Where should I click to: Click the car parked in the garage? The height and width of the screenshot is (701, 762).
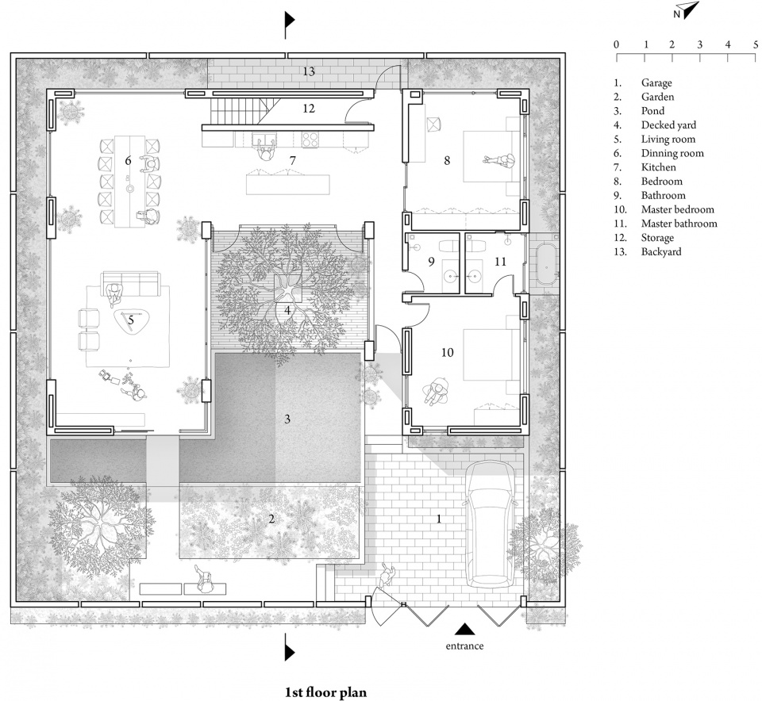coord(490,525)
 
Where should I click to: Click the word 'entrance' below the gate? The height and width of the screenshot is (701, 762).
coord(464,645)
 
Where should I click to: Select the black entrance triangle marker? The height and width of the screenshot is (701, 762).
coord(466,629)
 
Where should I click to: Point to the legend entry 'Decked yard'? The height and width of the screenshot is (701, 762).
coord(668,125)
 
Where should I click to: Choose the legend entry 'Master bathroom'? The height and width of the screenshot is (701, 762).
coord(679,224)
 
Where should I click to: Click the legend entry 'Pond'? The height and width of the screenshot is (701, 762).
coord(652,111)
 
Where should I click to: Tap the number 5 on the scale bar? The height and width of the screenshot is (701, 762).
coord(755,44)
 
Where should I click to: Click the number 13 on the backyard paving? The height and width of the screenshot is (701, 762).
coord(309,72)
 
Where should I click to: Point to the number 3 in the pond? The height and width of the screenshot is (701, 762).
coord(287,419)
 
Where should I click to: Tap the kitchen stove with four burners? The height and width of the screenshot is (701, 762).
coord(310,140)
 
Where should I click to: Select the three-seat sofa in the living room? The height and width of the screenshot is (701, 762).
coord(130,284)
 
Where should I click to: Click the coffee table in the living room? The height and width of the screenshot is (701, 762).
coord(131,321)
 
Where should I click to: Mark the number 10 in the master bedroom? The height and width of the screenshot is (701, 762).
coord(447,352)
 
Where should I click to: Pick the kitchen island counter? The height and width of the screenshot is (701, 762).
coord(288,185)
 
